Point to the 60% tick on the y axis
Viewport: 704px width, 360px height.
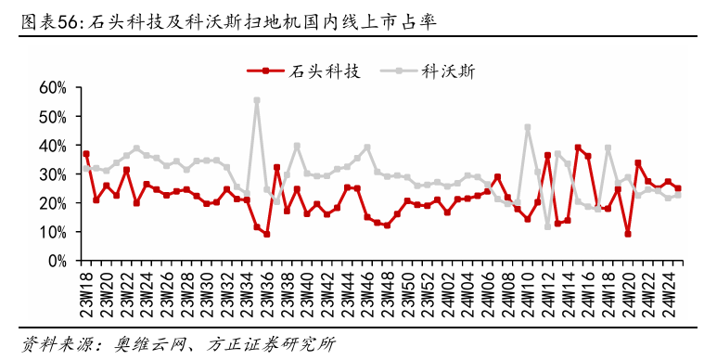click(x=52, y=88)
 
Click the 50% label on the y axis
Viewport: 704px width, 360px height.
click(x=52, y=117)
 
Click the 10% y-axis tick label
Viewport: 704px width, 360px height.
click(x=52, y=232)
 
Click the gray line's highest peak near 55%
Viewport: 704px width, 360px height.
click(x=257, y=100)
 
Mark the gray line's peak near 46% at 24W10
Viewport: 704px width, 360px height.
click(x=528, y=127)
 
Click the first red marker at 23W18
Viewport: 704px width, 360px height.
click(x=85, y=154)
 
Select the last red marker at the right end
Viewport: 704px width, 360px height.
click(x=678, y=188)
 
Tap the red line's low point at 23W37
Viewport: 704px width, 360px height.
click(x=267, y=234)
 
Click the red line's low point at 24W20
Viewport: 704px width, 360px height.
click(x=628, y=234)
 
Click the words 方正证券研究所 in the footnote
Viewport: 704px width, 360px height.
click(x=278, y=344)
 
